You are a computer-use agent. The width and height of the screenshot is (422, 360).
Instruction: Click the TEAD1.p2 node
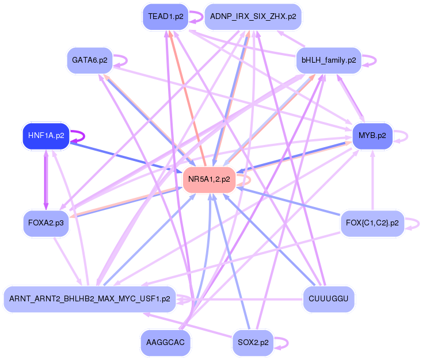click(x=166, y=17)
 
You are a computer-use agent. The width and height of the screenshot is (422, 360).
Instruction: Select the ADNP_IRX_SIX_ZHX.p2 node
click(x=253, y=17)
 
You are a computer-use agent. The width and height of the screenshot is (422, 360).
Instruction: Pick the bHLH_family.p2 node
click(x=328, y=59)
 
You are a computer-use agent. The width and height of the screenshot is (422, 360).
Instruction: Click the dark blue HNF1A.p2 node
click(x=45, y=136)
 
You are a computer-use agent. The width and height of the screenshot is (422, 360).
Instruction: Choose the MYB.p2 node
click(x=372, y=136)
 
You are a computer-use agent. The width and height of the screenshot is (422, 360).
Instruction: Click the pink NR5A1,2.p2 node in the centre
click(x=208, y=179)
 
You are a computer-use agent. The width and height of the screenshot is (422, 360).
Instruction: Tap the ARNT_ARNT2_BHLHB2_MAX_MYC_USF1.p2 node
click(x=89, y=299)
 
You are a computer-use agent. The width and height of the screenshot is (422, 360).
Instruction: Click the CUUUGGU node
click(x=328, y=299)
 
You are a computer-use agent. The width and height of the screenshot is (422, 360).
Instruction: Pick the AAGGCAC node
click(x=166, y=343)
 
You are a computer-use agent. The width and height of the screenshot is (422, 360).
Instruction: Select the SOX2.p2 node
click(x=253, y=343)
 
